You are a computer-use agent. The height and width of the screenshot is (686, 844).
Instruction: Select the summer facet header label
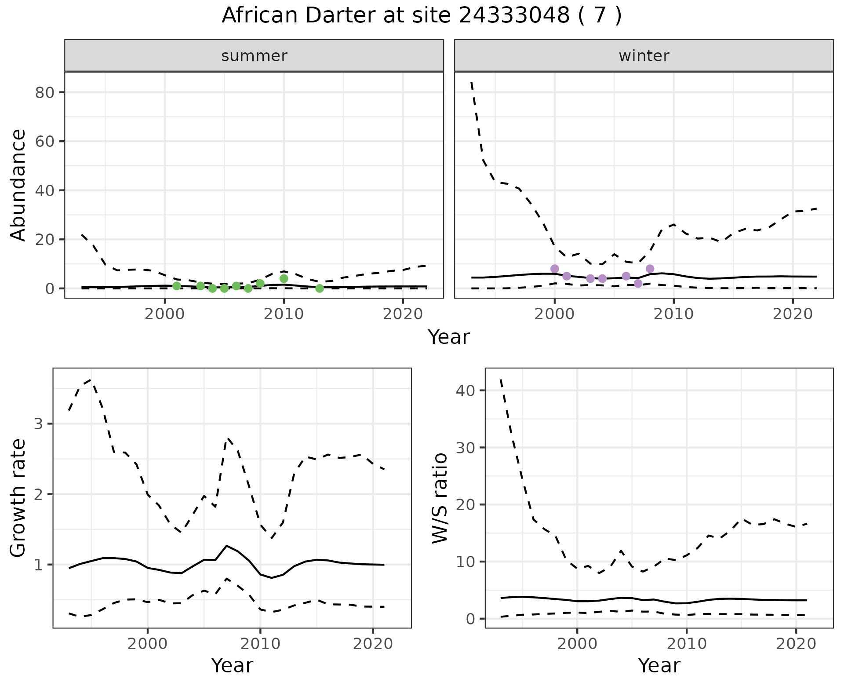pos(254,56)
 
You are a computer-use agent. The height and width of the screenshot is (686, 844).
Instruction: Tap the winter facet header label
pos(644,56)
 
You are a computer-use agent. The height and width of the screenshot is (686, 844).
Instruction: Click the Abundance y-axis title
pos(18,185)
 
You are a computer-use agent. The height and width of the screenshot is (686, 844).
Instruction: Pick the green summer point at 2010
pos(284,279)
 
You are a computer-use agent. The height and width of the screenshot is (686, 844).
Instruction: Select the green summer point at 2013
pos(320,288)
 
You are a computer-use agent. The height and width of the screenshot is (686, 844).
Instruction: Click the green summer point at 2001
pos(177,286)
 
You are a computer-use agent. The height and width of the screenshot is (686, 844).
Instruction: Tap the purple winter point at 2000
pos(555,269)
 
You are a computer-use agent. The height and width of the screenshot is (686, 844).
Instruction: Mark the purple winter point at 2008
pos(650,269)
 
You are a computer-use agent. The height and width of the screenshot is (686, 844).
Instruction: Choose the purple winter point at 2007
pos(638,284)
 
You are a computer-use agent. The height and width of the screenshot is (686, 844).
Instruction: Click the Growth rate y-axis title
pos(18,498)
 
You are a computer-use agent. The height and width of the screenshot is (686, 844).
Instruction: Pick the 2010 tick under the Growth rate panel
pos(260,644)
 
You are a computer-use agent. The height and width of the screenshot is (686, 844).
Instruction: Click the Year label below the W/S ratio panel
pos(659,666)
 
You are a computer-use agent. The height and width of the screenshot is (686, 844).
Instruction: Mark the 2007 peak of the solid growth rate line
pos(226,546)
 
